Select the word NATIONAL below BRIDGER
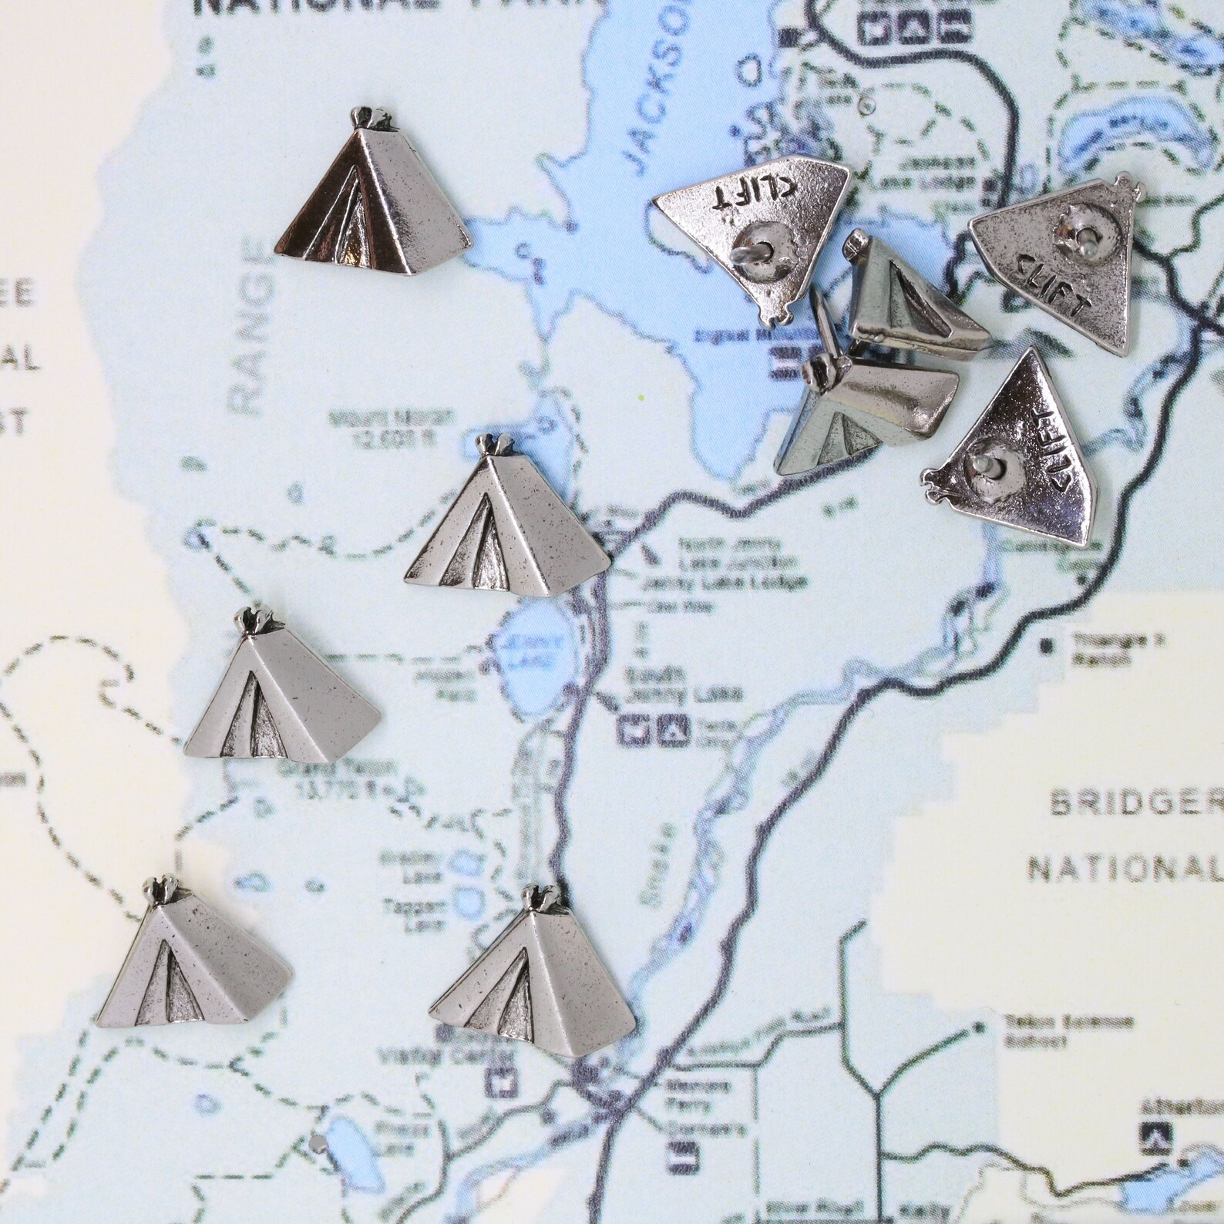pos(1125,869)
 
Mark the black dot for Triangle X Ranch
pos(1046,644)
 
